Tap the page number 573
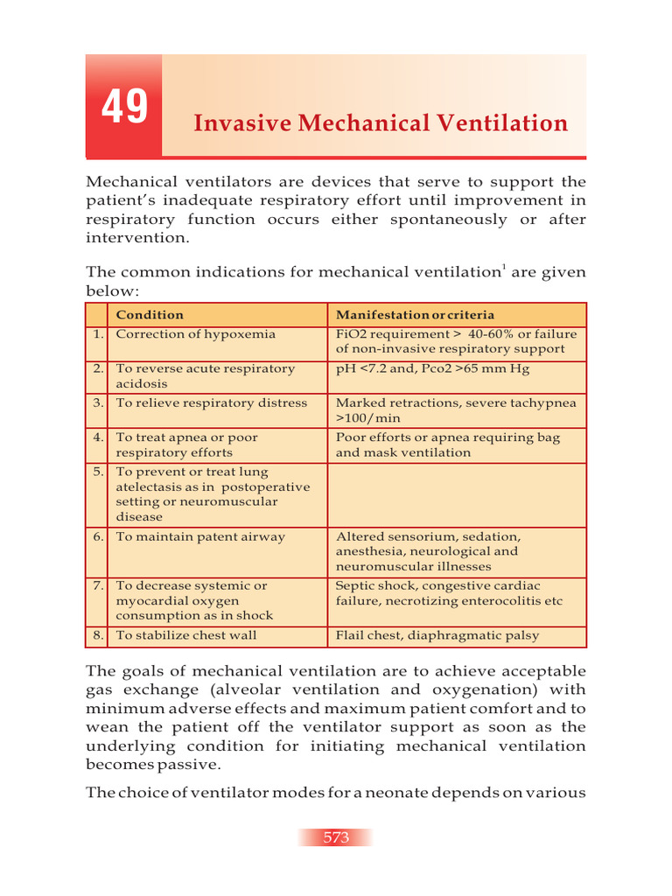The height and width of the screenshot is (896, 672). (336, 837)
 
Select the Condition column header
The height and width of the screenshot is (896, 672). (150, 315)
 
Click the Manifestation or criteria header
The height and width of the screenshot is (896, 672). (415, 315)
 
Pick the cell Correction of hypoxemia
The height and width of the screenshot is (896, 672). (195, 334)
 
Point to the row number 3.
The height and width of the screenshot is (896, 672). (97, 403)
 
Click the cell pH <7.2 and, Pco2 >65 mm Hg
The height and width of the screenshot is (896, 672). (432, 369)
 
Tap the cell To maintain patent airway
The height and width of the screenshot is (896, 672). (200, 537)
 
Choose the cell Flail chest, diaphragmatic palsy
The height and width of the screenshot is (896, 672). (437, 635)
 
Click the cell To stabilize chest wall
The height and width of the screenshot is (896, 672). (186, 635)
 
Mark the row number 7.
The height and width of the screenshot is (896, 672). (97, 586)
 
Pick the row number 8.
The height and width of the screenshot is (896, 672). (97, 635)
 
